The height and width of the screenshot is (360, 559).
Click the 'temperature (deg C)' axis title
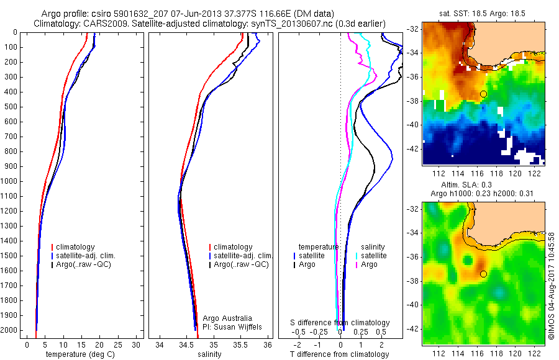(80, 354)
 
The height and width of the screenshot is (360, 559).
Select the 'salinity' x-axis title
(208, 354)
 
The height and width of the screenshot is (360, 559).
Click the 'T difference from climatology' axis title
(340, 354)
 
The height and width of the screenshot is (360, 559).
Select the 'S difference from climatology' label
(340, 323)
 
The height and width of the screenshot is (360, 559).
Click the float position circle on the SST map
(483, 94)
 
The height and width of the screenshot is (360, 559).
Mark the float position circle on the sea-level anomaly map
(483, 274)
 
